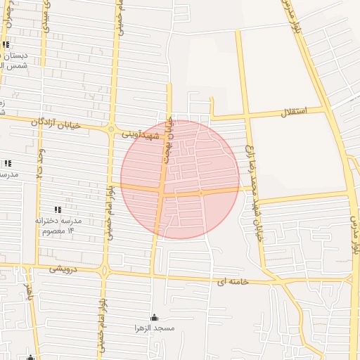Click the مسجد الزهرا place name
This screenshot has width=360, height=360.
[x=154, y=328]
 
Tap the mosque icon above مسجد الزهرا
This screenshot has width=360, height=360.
[x=154, y=317]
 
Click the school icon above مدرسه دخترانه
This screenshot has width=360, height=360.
[x=58, y=210]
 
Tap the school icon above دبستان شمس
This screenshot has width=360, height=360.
[x=6, y=45]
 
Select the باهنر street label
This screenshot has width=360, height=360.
[x=29, y=288]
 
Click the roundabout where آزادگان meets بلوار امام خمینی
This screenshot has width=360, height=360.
[x=111, y=129]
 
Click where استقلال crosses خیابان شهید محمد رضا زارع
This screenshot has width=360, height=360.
[x=246, y=115]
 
